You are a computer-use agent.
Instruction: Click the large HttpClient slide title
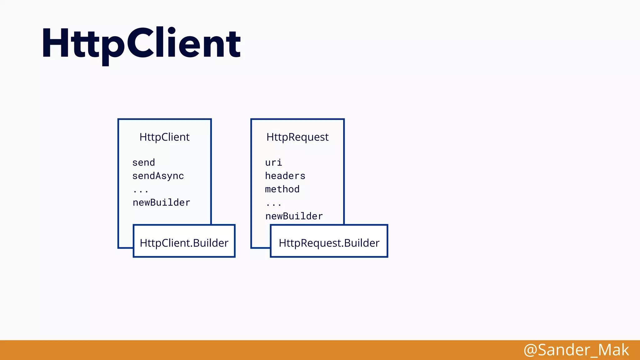point(141,44)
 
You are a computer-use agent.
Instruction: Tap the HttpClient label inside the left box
point(164,137)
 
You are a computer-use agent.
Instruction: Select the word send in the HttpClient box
point(143,162)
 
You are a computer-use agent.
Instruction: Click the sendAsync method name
point(158,176)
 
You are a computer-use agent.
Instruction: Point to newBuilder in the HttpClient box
point(161,202)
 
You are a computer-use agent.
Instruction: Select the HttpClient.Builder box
point(184,241)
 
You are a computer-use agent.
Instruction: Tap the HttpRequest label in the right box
point(297,137)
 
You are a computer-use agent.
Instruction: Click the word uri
point(273,162)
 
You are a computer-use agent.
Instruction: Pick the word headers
point(285,176)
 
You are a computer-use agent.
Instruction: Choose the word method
point(282,189)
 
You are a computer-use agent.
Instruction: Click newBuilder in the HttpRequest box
point(294,216)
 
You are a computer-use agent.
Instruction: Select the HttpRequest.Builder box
point(329,241)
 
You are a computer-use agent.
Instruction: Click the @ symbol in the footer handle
point(530,350)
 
